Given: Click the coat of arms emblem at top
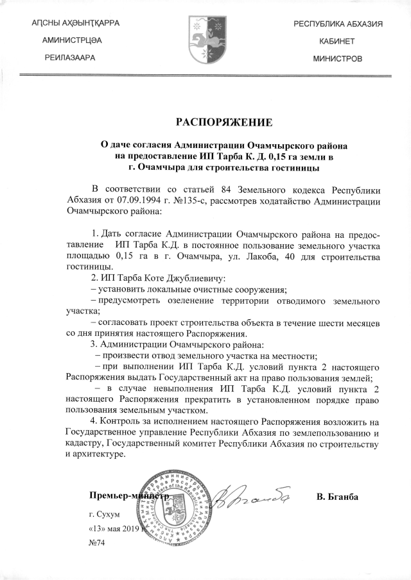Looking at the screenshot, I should pos(206,40).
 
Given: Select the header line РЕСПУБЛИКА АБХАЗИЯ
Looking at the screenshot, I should pos(338,24).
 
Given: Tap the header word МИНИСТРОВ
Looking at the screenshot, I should pos(338,58).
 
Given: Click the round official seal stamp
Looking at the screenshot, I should pos(178,504).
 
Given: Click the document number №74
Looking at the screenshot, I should pos(98,542).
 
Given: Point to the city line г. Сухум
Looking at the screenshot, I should pos(104,514).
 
